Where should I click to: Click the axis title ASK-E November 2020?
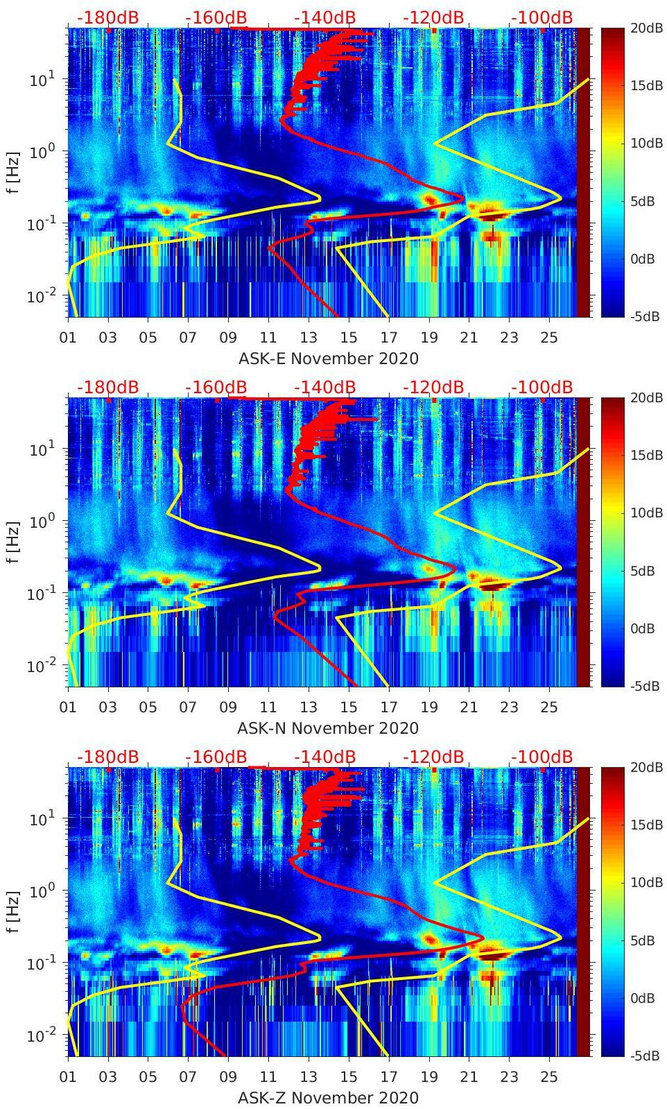(328, 359)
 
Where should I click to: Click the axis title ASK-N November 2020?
(328, 728)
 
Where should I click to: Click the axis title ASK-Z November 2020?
(328, 1098)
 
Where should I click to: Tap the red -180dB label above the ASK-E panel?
(107, 17)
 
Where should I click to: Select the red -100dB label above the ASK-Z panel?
(542, 757)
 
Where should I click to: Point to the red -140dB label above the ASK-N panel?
(324, 387)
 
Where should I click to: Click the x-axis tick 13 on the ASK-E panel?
(309, 338)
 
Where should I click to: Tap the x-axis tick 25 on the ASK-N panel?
(549, 707)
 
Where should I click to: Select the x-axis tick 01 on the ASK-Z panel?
(68, 1077)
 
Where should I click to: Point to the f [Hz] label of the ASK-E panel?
(13, 172)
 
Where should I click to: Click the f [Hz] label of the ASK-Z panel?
(13, 911)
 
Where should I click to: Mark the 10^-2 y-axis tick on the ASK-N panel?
(41, 666)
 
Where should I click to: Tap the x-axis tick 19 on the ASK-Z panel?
(429, 1077)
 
